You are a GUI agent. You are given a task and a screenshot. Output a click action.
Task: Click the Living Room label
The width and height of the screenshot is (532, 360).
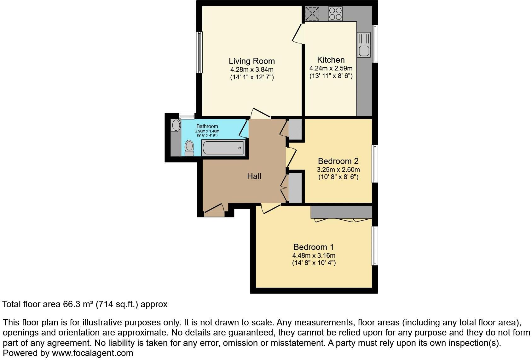[x=252, y=61]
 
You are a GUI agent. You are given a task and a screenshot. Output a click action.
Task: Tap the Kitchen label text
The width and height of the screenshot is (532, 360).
[x=331, y=60]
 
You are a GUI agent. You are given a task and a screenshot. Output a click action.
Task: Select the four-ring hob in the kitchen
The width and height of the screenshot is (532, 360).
[x=335, y=14]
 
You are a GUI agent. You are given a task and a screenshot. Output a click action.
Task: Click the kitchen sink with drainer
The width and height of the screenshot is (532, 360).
[x=364, y=45]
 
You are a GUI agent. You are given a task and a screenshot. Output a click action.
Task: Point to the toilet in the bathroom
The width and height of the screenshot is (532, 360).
[x=189, y=148]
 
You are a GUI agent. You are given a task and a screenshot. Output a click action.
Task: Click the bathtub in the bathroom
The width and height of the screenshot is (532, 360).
[x=223, y=148]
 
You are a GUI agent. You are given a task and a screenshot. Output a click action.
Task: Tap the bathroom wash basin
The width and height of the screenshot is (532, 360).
[x=176, y=125]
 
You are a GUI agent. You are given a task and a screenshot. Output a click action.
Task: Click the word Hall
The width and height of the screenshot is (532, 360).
[x=254, y=176]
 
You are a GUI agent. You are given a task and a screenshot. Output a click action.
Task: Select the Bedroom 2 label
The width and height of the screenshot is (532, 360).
[x=338, y=161]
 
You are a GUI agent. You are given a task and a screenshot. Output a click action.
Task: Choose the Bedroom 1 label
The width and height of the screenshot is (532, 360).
[x=314, y=247]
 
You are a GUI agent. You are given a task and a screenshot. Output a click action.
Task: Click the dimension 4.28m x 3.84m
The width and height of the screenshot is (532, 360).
[x=252, y=70]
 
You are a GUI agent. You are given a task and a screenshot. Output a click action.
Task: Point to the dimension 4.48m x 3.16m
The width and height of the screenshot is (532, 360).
[x=314, y=256]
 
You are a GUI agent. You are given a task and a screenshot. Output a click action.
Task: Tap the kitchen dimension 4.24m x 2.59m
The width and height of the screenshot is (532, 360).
[x=331, y=68]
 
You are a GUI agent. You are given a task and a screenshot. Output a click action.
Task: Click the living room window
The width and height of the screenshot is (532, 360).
[x=199, y=52]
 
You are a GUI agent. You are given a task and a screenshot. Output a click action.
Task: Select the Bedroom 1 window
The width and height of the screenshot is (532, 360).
[x=375, y=246]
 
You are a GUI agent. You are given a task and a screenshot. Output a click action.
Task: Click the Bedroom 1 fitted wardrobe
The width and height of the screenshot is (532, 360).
[x=341, y=212]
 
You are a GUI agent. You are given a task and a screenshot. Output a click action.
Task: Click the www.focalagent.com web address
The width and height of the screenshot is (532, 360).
[x=93, y=353]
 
